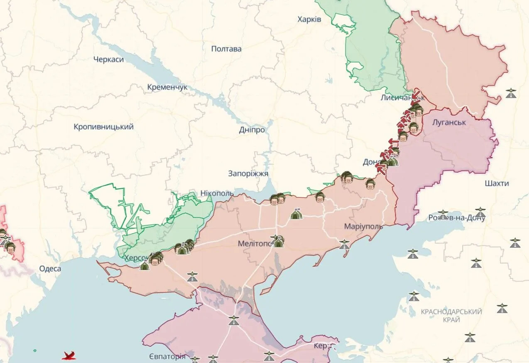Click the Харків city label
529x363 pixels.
(x=309, y=20)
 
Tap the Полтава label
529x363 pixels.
(x=226, y=49)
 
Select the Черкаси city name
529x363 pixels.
(x=108, y=59)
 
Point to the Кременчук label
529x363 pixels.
(x=167, y=87)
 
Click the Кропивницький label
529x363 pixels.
(x=104, y=127)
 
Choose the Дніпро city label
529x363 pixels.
(x=252, y=130)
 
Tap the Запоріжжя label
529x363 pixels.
(x=248, y=174)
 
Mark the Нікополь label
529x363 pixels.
(x=216, y=193)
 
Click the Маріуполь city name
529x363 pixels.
(x=363, y=227)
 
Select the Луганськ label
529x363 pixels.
(x=449, y=123)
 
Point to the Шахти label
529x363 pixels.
(x=497, y=183)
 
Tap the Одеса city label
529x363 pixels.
(x=50, y=269)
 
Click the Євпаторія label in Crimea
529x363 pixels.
(x=167, y=357)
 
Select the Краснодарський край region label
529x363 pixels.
(x=451, y=316)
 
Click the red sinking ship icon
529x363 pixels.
(x=69, y=356)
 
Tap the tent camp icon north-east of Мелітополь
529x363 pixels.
(x=296, y=214)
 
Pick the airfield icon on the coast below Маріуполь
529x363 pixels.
(x=344, y=244)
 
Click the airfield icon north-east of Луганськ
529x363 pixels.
(x=511, y=93)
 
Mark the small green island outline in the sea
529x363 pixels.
(x=34, y=351)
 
